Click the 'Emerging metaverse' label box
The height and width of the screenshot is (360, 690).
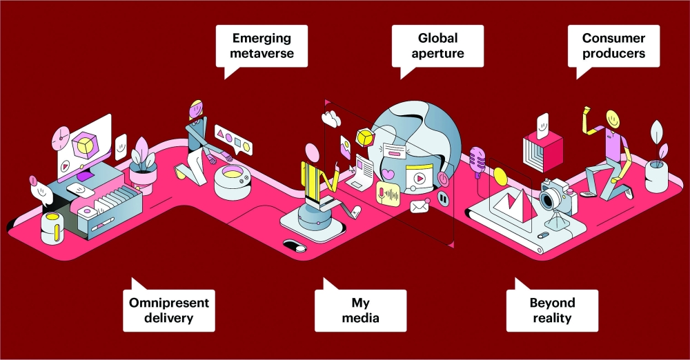click(x=262, y=46)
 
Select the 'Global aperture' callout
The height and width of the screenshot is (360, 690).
click(x=437, y=46)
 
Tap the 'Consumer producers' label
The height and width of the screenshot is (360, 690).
click(x=613, y=46)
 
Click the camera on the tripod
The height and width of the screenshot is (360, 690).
click(x=558, y=199)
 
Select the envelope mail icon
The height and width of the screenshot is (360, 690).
click(x=419, y=206)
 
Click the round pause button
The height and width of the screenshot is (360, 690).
click(x=443, y=199)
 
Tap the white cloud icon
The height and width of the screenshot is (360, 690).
click(x=331, y=119)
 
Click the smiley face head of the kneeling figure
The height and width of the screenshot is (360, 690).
click(x=612, y=119)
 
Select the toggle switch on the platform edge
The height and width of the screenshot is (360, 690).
click(x=295, y=246)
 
